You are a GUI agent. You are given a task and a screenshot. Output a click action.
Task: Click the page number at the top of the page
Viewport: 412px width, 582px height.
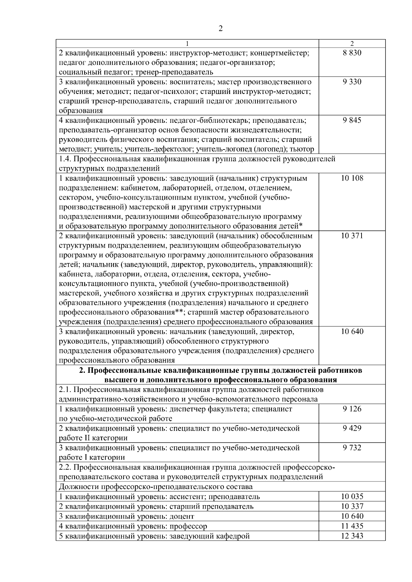tap(220, 28)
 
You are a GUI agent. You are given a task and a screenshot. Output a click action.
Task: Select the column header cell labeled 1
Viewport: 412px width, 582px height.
tap(187, 44)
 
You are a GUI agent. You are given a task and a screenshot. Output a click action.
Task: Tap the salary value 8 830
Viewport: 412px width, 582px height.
tap(352, 53)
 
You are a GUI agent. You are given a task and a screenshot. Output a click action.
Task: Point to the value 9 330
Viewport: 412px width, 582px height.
tap(352, 82)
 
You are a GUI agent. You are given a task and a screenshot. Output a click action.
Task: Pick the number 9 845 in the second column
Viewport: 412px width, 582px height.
tap(352, 120)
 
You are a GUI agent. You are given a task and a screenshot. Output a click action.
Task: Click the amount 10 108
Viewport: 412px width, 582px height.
tap(352, 178)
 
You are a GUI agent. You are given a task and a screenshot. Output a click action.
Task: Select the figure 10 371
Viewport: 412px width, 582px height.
tap(352, 236)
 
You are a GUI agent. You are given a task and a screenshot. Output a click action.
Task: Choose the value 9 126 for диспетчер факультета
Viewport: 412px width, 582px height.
tap(352, 409)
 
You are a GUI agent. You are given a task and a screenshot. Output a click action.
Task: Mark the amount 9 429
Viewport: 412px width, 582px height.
tap(352, 428)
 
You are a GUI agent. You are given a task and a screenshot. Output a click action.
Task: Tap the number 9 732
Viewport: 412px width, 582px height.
tap(352, 448)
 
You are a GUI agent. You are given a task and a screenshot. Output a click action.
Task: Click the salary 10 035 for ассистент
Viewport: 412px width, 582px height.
tap(352, 496)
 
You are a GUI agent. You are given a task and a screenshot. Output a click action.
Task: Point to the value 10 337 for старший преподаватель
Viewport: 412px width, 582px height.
tap(352, 506)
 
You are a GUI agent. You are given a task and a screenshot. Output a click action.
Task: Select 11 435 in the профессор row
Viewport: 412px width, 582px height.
tap(352, 526)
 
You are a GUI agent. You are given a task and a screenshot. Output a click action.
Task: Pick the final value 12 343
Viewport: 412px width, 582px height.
tap(352, 536)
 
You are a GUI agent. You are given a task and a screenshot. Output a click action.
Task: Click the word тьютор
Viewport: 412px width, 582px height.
tap(302, 149)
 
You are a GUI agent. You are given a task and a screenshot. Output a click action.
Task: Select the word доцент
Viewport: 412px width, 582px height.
tap(182, 516)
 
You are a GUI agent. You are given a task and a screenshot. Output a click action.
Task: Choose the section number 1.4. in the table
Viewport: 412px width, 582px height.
tap(65, 159)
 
